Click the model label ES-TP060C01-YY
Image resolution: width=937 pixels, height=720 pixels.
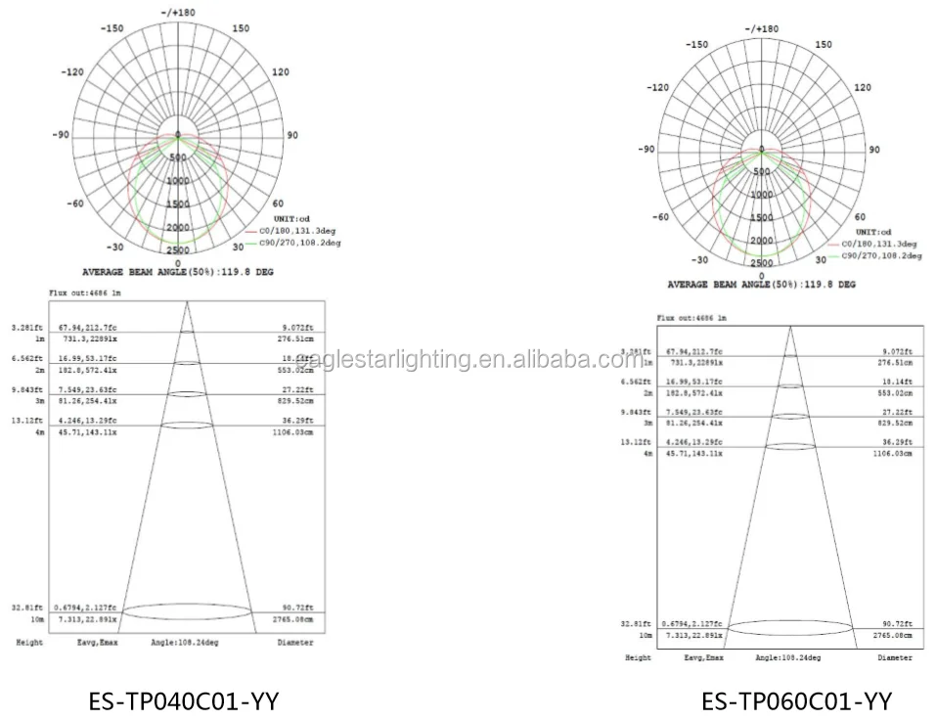point(796,700)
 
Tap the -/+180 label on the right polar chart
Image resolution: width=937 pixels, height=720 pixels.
point(761,29)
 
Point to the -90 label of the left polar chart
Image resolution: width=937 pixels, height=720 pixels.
point(60,135)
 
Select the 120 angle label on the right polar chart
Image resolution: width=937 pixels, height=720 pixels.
point(861,88)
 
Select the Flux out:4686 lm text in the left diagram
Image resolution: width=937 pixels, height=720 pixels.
point(83,292)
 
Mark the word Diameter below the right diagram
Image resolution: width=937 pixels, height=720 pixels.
point(894,658)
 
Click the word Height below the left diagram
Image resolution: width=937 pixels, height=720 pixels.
point(28,643)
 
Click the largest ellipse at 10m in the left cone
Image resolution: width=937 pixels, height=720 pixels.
point(186,611)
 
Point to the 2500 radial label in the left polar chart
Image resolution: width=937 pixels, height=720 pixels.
point(177,251)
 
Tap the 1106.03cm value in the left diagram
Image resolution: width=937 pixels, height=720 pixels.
point(290,431)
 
